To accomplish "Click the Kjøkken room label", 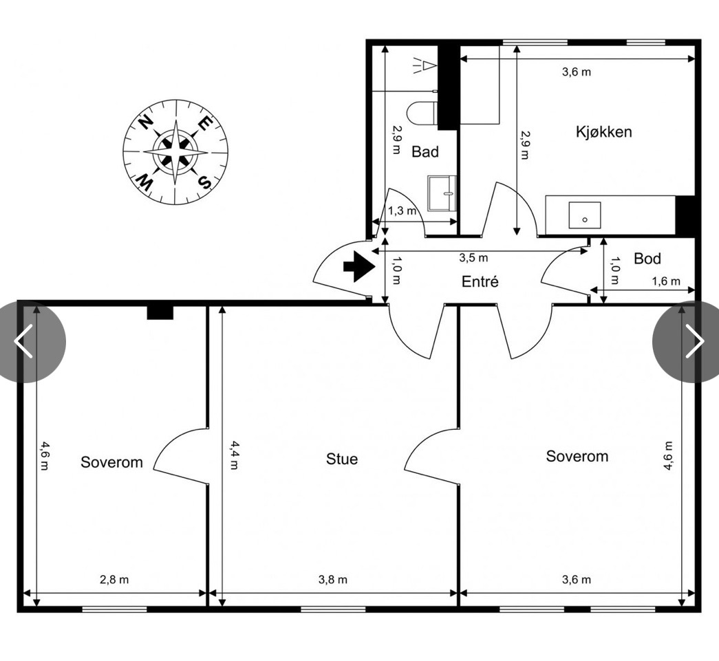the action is click(603, 132).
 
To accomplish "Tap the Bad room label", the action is click(425, 152).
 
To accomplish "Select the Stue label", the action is click(342, 459).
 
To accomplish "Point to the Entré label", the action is click(480, 281).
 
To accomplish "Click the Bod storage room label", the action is click(647, 259).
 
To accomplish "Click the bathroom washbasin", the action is click(442, 193).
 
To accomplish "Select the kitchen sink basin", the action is click(585, 215).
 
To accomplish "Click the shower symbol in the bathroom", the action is click(424, 67).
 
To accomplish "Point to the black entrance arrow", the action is click(359, 266).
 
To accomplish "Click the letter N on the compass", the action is click(146, 123).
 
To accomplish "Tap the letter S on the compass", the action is click(204, 182).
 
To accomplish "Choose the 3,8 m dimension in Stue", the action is click(333, 580).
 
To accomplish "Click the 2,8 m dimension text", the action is click(114, 580).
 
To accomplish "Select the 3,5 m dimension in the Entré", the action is click(473, 258).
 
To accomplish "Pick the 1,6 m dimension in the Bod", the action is click(666, 281).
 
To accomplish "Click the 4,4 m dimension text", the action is click(235, 455).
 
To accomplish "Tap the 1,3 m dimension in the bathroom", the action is click(402, 211).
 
